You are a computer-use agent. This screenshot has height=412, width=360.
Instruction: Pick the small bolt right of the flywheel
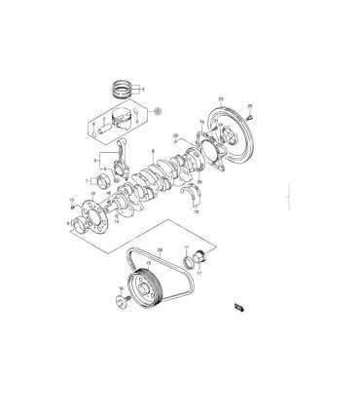tap(249, 118)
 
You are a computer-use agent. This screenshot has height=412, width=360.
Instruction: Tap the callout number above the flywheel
tap(221, 99)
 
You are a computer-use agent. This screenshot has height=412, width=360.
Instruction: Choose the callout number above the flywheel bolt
tap(249, 106)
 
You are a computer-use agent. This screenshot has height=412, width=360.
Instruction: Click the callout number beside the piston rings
tap(143, 89)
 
